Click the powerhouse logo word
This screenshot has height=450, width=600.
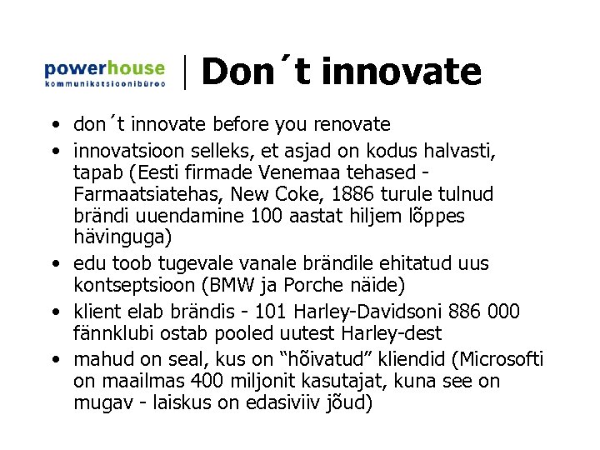pyautogui.click(x=104, y=68)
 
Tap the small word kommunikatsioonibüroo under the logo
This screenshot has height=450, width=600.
pyautogui.click(x=104, y=84)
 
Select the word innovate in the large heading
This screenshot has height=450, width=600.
pyautogui.click(x=401, y=71)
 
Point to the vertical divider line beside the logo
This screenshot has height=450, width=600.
pyautogui.click(x=185, y=72)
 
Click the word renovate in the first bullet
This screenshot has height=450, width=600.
pyautogui.click(x=351, y=125)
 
